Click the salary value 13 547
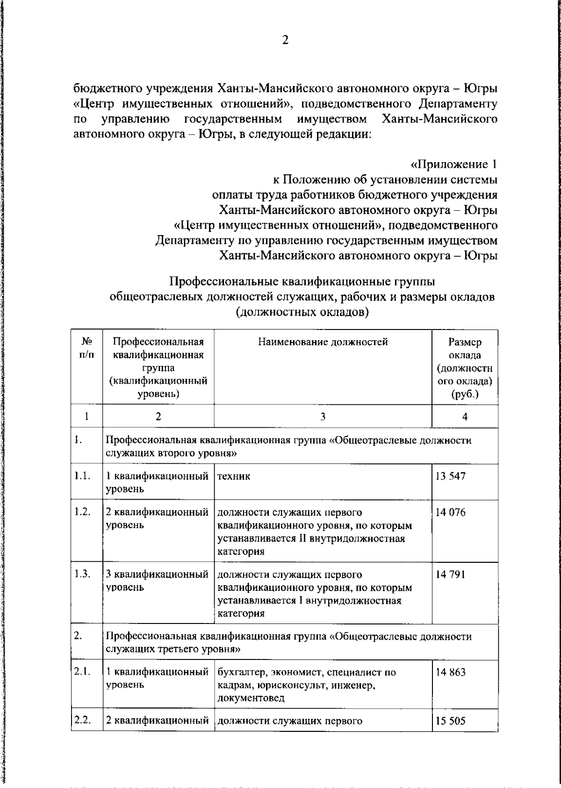click(x=450, y=476)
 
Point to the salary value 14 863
click(x=450, y=673)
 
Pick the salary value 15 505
click(x=450, y=720)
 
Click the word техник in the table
click(x=234, y=476)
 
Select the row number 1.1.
click(x=82, y=476)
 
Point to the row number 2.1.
click(x=82, y=673)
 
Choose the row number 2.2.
click(x=82, y=720)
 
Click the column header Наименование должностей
click(x=323, y=342)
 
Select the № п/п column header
click(x=86, y=348)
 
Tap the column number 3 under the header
click(x=323, y=417)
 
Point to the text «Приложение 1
click(x=453, y=164)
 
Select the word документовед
click(x=251, y=699)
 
